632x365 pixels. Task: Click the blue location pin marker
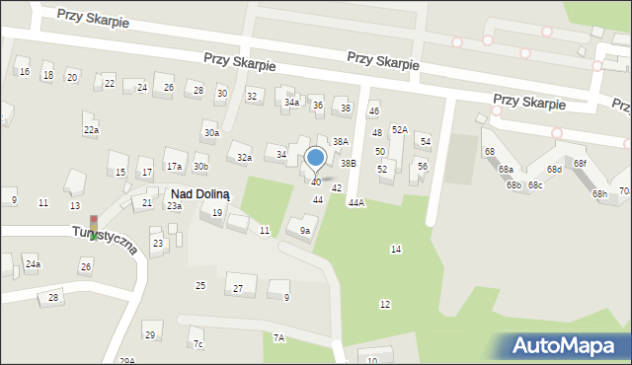[x=316, y=158]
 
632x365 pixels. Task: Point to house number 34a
[x=291, y=103]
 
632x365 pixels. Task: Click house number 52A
[x=400, y=129]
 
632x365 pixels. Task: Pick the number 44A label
[x=355, y=202]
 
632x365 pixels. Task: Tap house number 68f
[x=580, y=163]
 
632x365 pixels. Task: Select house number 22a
[x=91, y=130]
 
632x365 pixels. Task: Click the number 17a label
[x=174, y=166]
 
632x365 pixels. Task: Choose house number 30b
[x=200, y=167]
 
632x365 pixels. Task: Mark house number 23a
[x=174, y=206]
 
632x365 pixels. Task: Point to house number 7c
[x=197, y=343]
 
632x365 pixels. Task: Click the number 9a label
[x=305, y=231]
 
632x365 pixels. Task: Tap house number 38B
[x=348, y=163]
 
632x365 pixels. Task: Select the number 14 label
[x=396, y=249]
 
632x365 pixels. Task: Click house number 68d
[x=555, y=170]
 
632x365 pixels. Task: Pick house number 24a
[x=33, y=264]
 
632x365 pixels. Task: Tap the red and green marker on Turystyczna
[x=94, y=228]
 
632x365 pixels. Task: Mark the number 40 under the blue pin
[x=316, y=182]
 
